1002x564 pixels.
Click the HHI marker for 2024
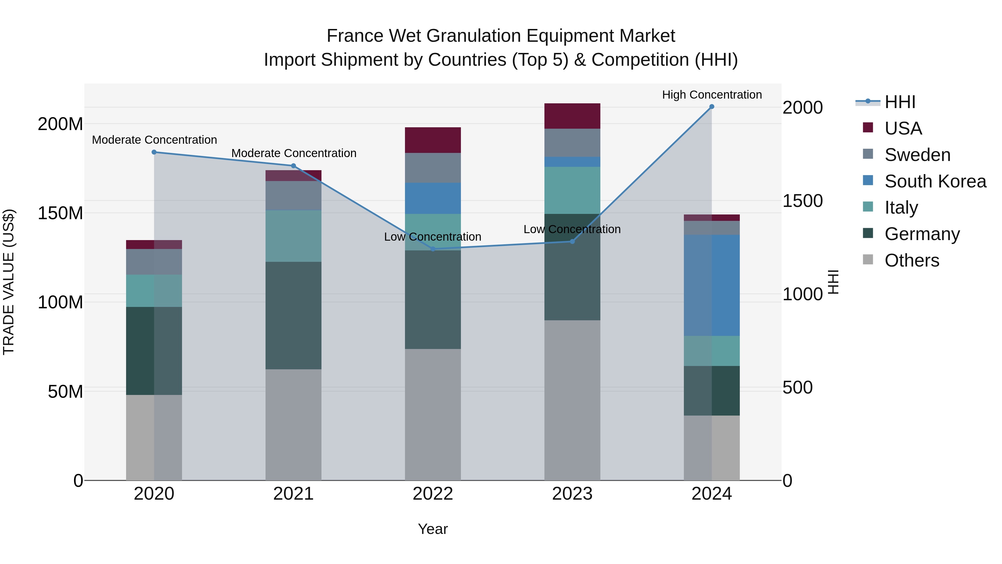tap(711, 107)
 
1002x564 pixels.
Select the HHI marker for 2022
tap(433, 249)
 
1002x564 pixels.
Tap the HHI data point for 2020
tap(154, 152)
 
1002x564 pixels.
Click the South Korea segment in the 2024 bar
tap(711, 285)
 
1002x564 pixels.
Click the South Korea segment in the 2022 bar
tap(433, 198)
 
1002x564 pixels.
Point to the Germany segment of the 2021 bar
tap(293, 315)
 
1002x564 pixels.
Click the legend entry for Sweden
tap(917, 155)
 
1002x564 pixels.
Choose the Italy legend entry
tap(901, 207)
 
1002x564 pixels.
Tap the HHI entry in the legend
tap(899, 102)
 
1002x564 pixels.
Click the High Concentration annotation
tap(711, 95)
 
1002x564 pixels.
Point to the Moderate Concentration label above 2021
tap(294, 153)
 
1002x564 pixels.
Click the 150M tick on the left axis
tap(60, 213)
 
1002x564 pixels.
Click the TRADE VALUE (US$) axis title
tap(9, 282)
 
